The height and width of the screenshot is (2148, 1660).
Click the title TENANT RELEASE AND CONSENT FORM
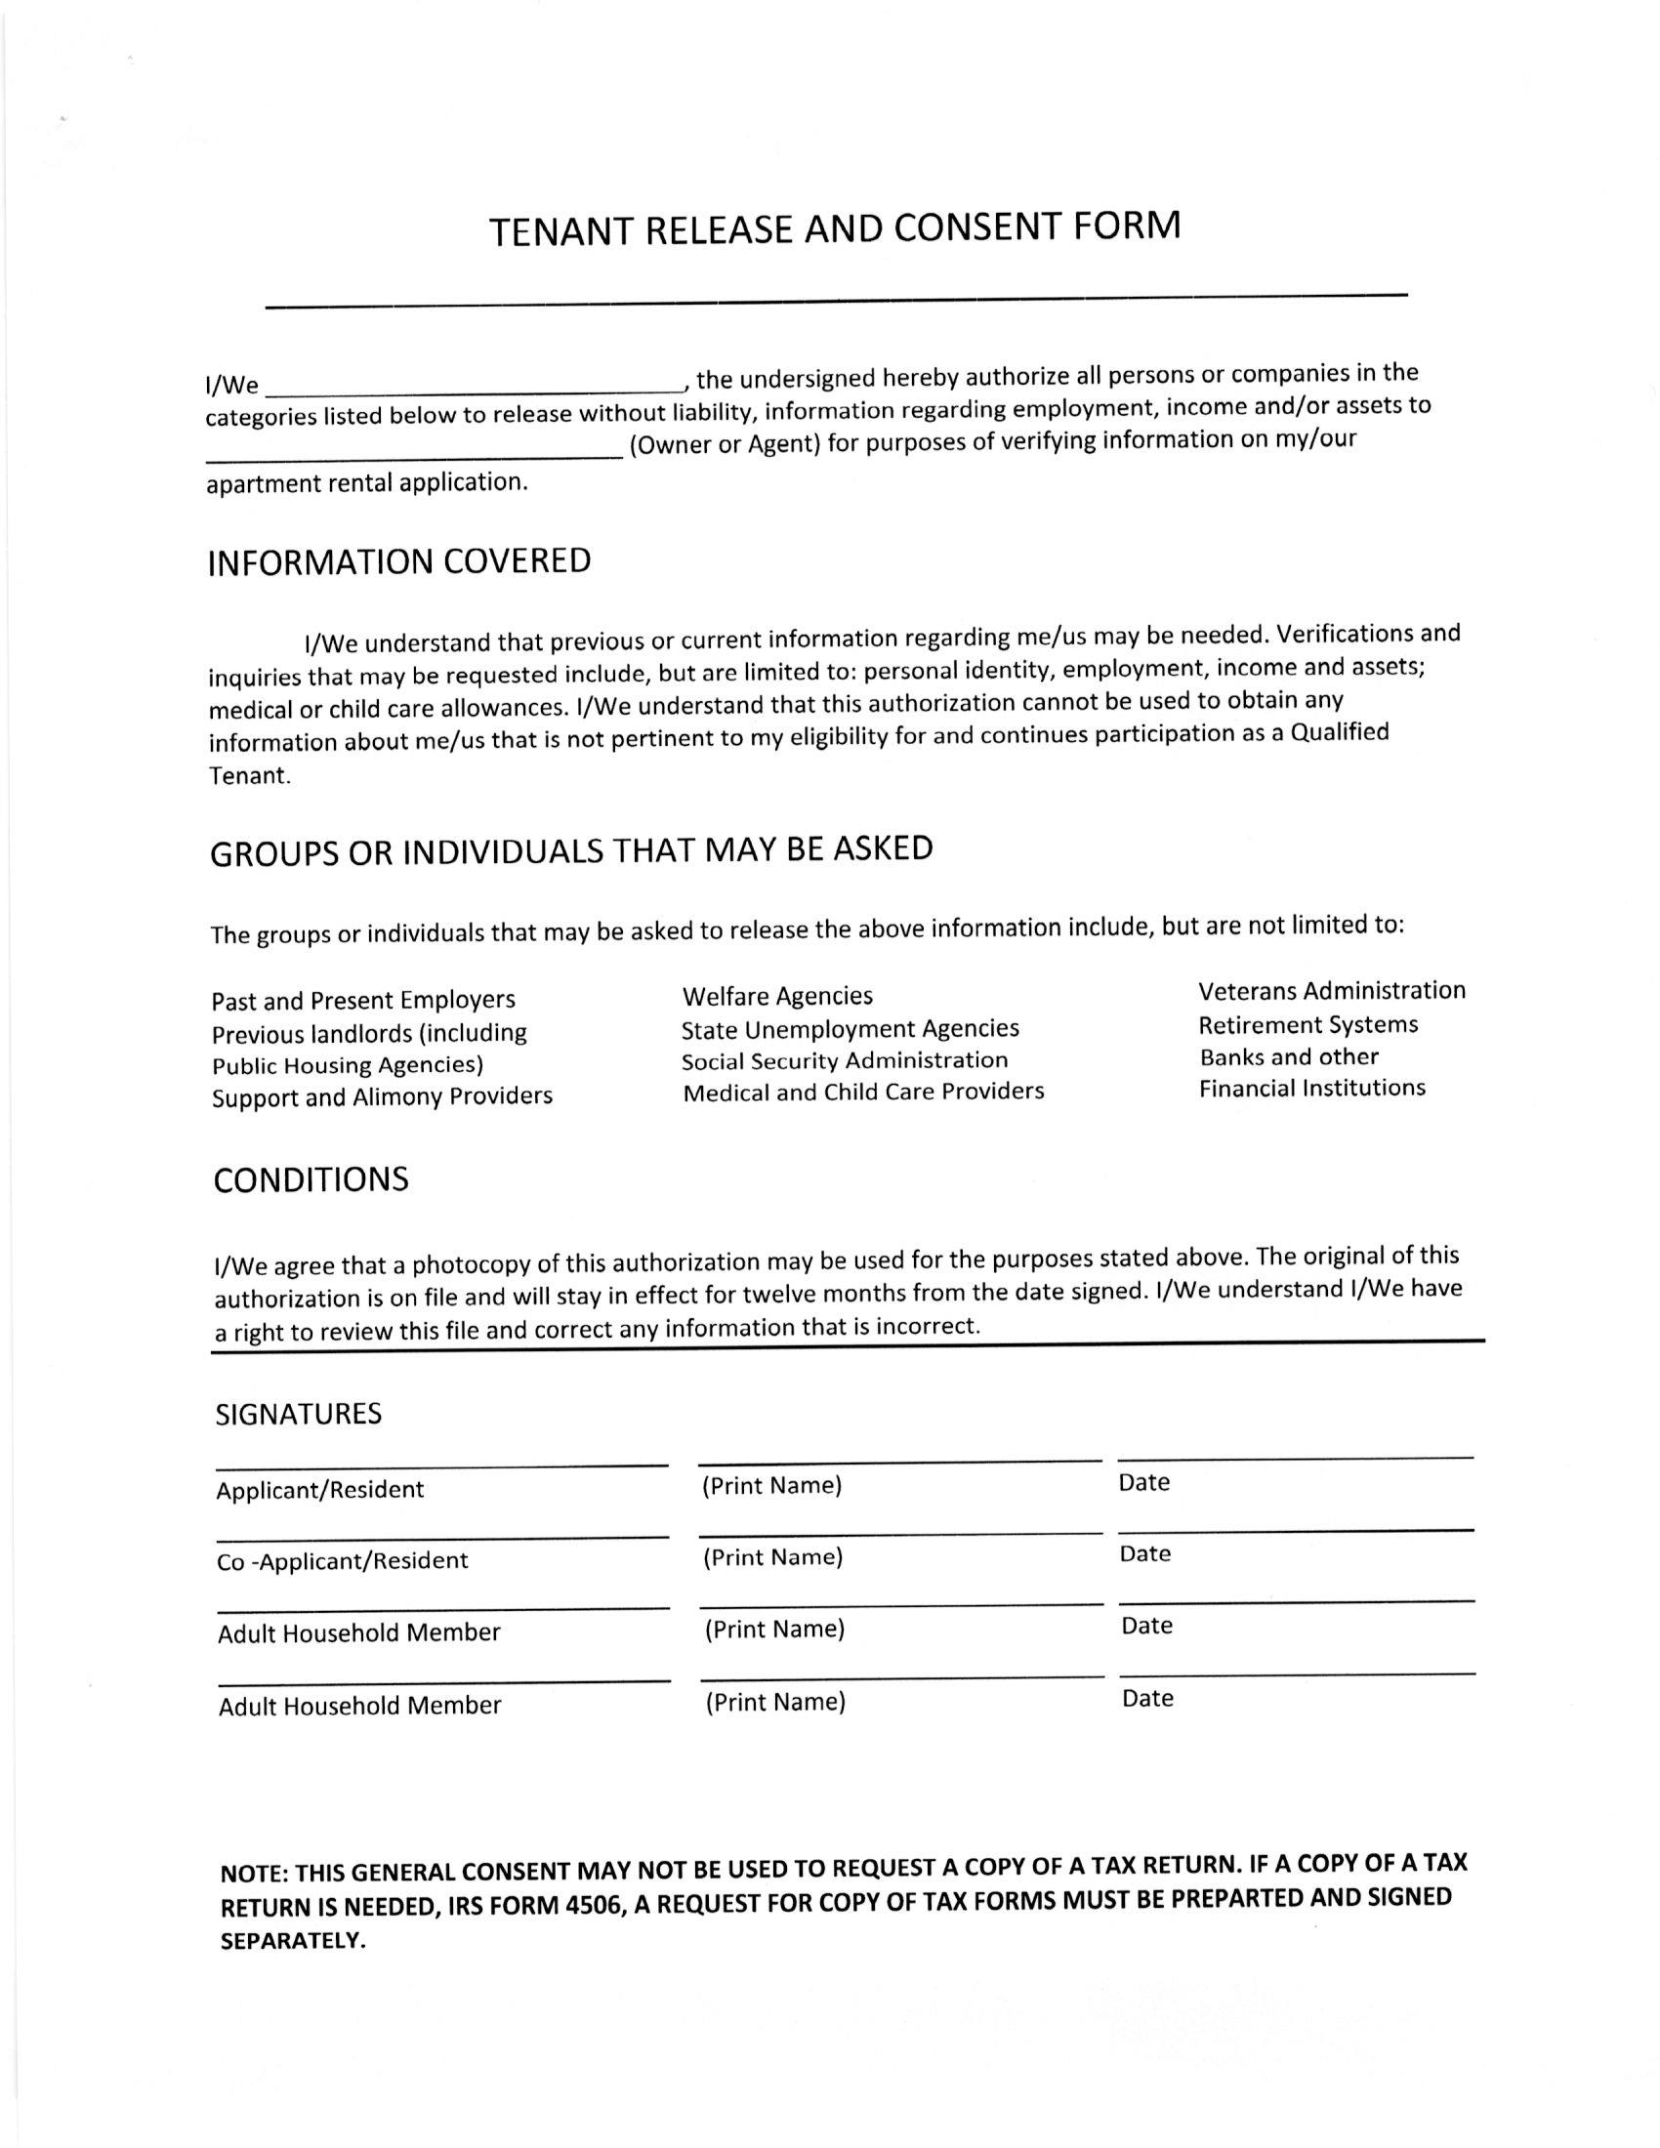point(835,228)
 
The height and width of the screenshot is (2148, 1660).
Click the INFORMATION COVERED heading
point(399,561)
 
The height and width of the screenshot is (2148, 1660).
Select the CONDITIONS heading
point(311,1179)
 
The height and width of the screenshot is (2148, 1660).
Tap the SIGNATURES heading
point(299,1415)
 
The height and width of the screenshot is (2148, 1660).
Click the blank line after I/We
point(472,387)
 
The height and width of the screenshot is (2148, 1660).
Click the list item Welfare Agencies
point(777,996)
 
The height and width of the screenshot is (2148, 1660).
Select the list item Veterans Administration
point(1332,990)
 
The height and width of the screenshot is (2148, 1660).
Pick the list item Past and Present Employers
point(363,1000)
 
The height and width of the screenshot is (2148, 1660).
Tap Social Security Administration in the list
point(845,1060)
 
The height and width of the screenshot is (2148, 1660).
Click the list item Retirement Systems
point(1307,1025)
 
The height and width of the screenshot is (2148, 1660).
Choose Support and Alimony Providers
point(382,1095)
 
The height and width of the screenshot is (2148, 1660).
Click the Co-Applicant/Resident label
point(342,1561)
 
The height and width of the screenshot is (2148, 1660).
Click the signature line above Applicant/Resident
point(441,1466)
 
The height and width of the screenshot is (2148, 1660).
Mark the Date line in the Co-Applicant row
point(1295,1530)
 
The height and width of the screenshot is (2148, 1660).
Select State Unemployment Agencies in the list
point(850,1029)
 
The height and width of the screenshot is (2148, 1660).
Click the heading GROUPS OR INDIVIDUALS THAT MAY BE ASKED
point(571,850)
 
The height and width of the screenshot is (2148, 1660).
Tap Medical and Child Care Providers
point(863,1092)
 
